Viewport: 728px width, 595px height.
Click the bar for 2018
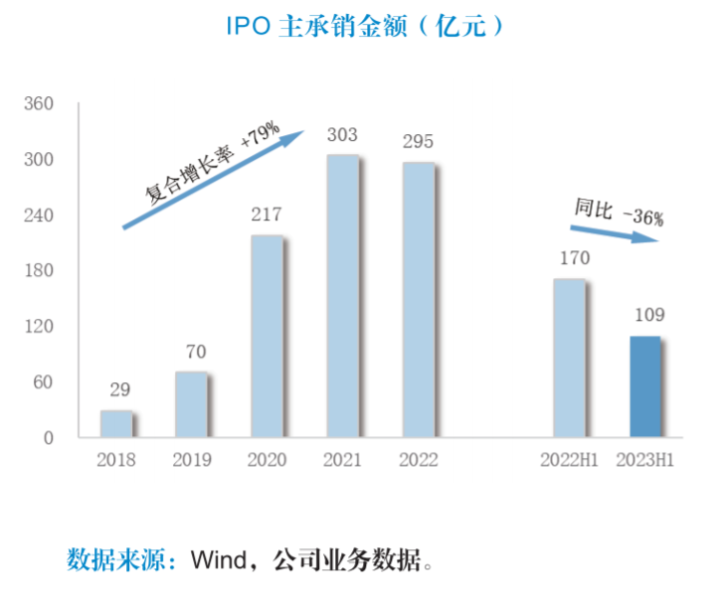115,424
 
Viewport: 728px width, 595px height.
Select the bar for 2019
191,404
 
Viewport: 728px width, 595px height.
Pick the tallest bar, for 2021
342,296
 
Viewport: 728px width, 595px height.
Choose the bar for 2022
418,300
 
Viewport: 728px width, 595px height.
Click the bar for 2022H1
568,358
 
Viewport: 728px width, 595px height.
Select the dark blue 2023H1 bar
644,386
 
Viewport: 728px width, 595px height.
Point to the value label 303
342,135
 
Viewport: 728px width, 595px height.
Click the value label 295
418,142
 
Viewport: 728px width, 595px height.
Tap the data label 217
267,215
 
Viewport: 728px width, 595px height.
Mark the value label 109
645,316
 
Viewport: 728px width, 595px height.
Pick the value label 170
569,259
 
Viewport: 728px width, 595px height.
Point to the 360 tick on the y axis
38,103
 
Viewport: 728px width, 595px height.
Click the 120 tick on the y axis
38,327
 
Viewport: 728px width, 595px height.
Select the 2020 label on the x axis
267,461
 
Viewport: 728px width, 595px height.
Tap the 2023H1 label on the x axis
644,461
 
